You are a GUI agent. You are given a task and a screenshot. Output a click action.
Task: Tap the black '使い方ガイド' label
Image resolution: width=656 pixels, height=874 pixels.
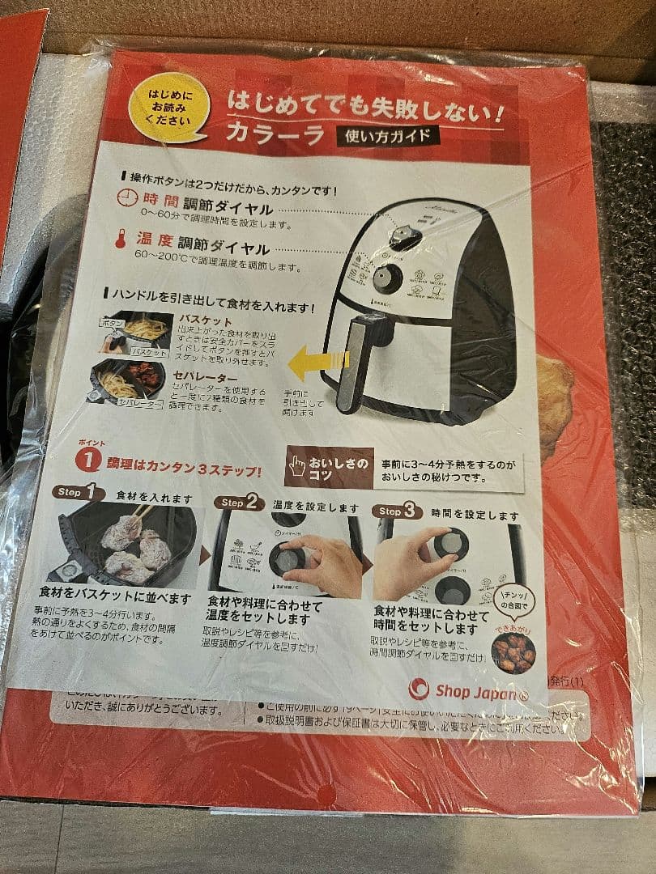click(x=388, y=135)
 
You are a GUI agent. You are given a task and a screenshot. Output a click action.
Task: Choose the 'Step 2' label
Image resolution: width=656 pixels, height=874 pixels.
click(x=239, y=503)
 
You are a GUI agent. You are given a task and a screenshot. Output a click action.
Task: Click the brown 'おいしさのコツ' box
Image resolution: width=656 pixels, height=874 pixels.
click(x=330, y=467)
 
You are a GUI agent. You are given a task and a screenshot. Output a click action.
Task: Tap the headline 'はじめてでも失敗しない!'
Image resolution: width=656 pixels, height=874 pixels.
click(x=366, y=105)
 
